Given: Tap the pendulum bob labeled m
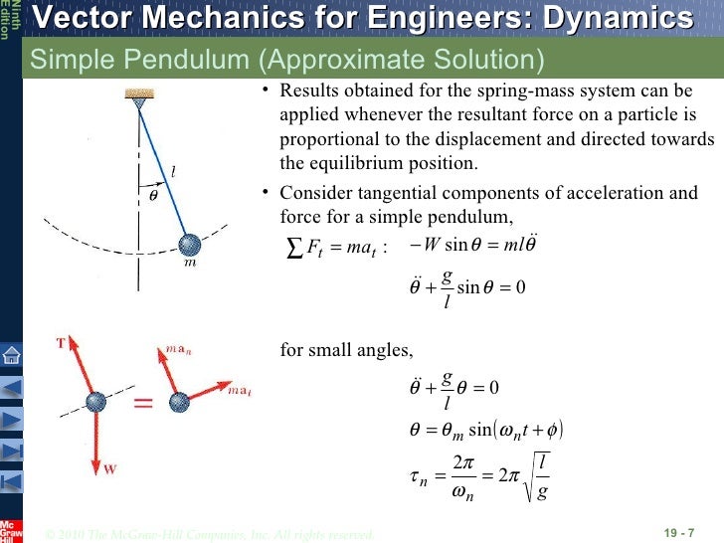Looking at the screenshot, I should [189, 245].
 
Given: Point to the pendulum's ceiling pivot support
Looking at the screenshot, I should [135, 96].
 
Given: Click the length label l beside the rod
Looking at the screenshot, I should [174, 172].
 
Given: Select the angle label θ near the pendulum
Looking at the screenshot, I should [153, 195].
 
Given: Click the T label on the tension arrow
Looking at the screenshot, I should [61, 344].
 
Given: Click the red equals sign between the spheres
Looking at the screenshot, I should [144, 403].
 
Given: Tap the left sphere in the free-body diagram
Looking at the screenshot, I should [95, 403].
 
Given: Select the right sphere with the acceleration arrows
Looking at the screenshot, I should [180, 403].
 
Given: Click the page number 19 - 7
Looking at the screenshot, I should [680, 533].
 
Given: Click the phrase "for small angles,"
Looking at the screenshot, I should [346, 350].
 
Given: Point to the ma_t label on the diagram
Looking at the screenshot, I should [239, 390].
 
